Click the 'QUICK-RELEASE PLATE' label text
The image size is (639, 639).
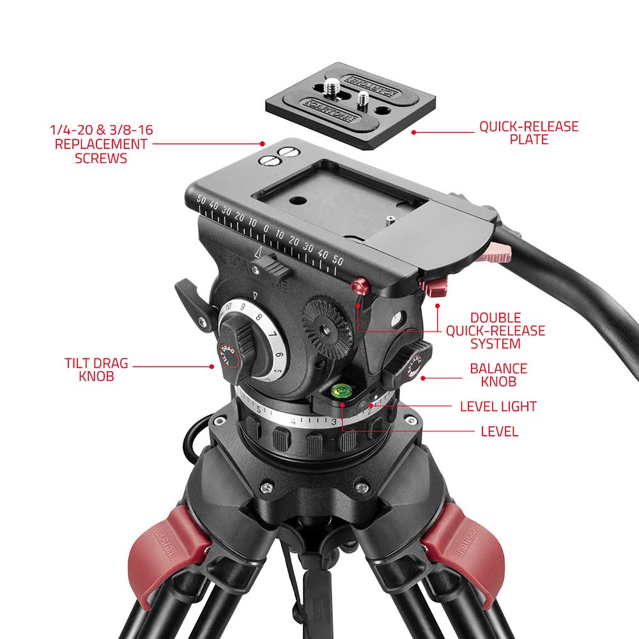(x=528, y=132)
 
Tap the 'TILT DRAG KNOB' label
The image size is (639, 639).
(x=96, y=370)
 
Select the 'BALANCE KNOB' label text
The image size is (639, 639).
(x=498, y=375)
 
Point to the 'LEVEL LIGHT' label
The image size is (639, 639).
(x=498, y=406)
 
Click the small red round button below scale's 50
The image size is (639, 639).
(x=360, y=284)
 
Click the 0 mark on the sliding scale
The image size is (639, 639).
(x=266, y=229)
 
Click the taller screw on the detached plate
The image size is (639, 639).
(x=333, y=86)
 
